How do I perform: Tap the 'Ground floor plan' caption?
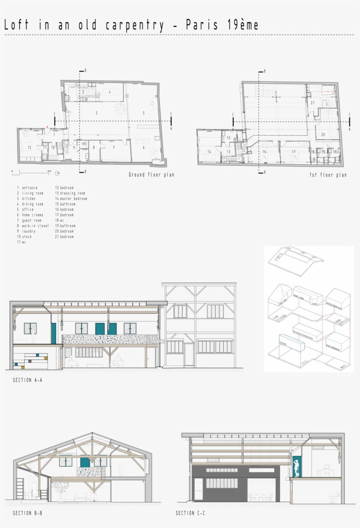pos(151,175)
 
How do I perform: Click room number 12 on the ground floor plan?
pos(29,147)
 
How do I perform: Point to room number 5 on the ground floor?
pos(143,113)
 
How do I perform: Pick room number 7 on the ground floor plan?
pos(113,147)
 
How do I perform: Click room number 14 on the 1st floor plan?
pos(209,152)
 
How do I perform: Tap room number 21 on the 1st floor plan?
pos(313,103)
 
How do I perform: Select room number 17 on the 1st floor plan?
pos(294,152)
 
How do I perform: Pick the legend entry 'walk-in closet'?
pos(35,226)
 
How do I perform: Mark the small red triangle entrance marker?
pos(47,127)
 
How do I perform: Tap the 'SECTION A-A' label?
pos(28,380)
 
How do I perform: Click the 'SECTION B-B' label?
pos(28,513)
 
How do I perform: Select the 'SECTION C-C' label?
pos(191,513)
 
